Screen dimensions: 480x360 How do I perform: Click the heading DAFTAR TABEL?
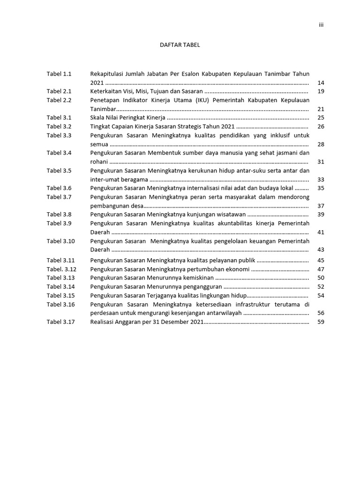180,45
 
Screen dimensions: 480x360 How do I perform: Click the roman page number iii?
322,25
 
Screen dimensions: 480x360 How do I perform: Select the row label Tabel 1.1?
59,74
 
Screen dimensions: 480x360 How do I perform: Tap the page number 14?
321,83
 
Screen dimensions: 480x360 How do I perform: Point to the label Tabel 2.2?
59,100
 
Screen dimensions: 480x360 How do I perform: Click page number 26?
321,127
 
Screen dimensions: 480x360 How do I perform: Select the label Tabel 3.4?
59,153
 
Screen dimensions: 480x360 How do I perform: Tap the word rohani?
99,162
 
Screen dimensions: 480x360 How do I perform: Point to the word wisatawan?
231,214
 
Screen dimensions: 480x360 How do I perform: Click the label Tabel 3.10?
60,241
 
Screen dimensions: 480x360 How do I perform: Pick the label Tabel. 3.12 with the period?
61,269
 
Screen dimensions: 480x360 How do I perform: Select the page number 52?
321,286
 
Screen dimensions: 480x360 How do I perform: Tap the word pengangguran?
202,286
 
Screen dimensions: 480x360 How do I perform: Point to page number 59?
321,322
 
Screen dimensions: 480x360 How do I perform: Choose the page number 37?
321,206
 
